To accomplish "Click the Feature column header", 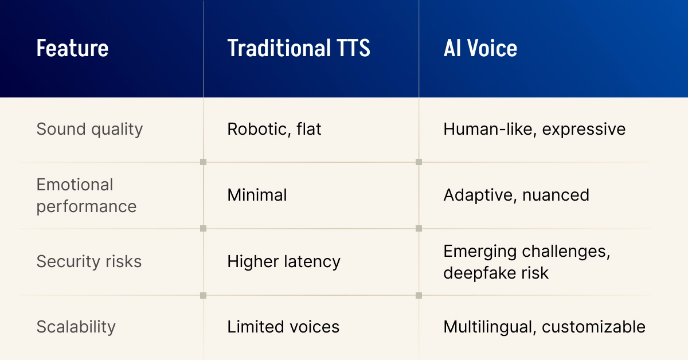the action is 72,48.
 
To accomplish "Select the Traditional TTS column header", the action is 299,48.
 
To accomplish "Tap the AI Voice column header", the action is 480,48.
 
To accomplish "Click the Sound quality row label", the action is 89,130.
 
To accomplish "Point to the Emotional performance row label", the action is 87,195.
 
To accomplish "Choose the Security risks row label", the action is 89,261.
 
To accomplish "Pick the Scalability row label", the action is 76,327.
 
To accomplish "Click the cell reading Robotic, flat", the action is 274,129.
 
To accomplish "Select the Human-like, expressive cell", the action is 534,130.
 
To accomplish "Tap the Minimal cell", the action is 257,195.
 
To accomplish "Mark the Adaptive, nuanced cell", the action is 517,195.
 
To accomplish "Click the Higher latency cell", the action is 284,262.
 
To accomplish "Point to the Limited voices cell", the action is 283,327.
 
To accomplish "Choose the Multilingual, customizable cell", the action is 544,327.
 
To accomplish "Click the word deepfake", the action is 479,273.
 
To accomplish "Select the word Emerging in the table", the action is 480,252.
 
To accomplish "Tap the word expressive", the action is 584,130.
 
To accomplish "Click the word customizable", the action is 594,327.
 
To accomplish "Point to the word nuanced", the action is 556,195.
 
